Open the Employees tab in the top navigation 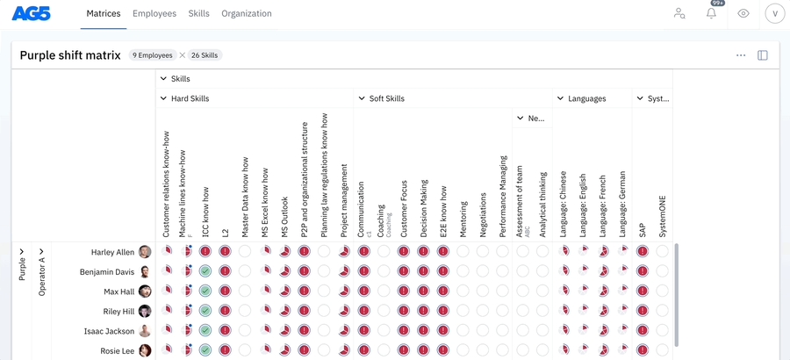pyautogui.click(x=154, y=14)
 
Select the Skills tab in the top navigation pyautogui.click(x=199, y=14)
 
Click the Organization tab pyautogui.click(x=247, y=14)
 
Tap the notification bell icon pyautogui.click(x=711, y=13)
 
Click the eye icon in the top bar pyautogui.click(x=743, y=13)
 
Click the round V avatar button pyautogui.click(x=774, y=13)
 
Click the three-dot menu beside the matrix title pyautogui.click(x=741, y=55)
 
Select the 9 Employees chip pyautogui.click(x=152, y=55)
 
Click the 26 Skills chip pyautogui.click(x=205, y=55)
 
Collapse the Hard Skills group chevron pyautogui.click(x=163, y=99)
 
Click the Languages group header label pyautogui.click(x=586, y=99)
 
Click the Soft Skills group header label pyautogui.click(x=386, y=99)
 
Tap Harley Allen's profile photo pyautogui.click(x=145, y=252)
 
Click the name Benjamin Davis pyautogui.click(x=107, y=272)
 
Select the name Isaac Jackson pyautogui.click(x=109, y=331)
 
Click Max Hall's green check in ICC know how pyautogui.click(x=205, y=292)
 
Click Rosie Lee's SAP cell pyautogui.click(x=643, y=350)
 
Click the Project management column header pyautogui.click(x=344, y=202)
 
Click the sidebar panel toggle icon pyautogui.click(x=763, y=55)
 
